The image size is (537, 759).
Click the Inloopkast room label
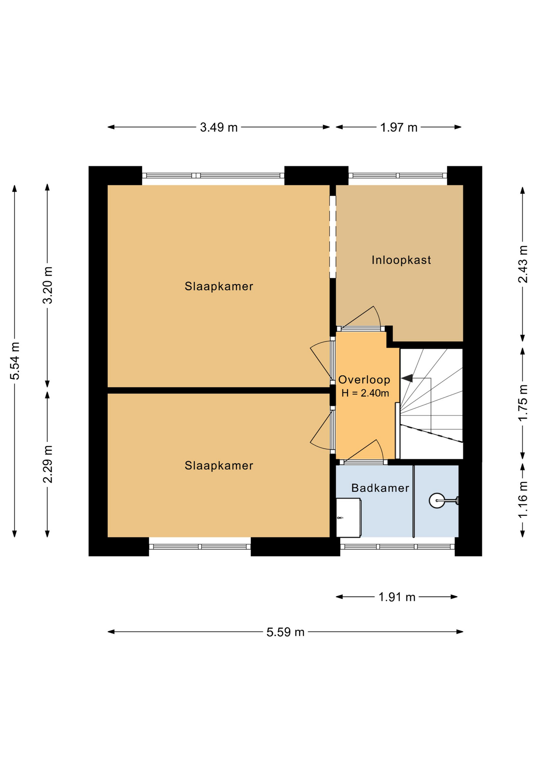401,260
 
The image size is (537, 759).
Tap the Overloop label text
364,380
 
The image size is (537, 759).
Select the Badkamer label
380,488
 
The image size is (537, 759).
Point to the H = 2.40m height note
365,393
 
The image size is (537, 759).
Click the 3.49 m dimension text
219,127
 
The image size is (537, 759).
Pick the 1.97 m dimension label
399,127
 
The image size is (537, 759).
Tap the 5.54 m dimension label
15,361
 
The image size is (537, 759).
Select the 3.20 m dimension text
47,285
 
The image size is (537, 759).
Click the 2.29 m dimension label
47,464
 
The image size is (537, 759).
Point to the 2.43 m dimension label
523,264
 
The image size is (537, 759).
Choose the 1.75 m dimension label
523,403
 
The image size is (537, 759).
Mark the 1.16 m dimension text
523,499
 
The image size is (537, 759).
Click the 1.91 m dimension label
397,597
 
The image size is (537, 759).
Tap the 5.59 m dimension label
286,632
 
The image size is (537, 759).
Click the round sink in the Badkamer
437,501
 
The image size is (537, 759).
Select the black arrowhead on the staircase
407,378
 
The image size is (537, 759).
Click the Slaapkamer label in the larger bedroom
219,286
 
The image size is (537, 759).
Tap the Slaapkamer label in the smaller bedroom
219,466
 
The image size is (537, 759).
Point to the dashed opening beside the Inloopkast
333,237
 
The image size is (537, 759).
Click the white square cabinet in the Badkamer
348,518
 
